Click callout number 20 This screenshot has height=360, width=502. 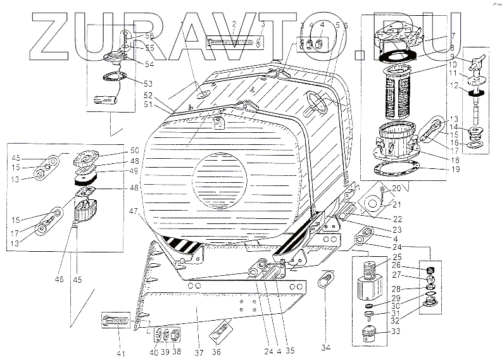398,188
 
